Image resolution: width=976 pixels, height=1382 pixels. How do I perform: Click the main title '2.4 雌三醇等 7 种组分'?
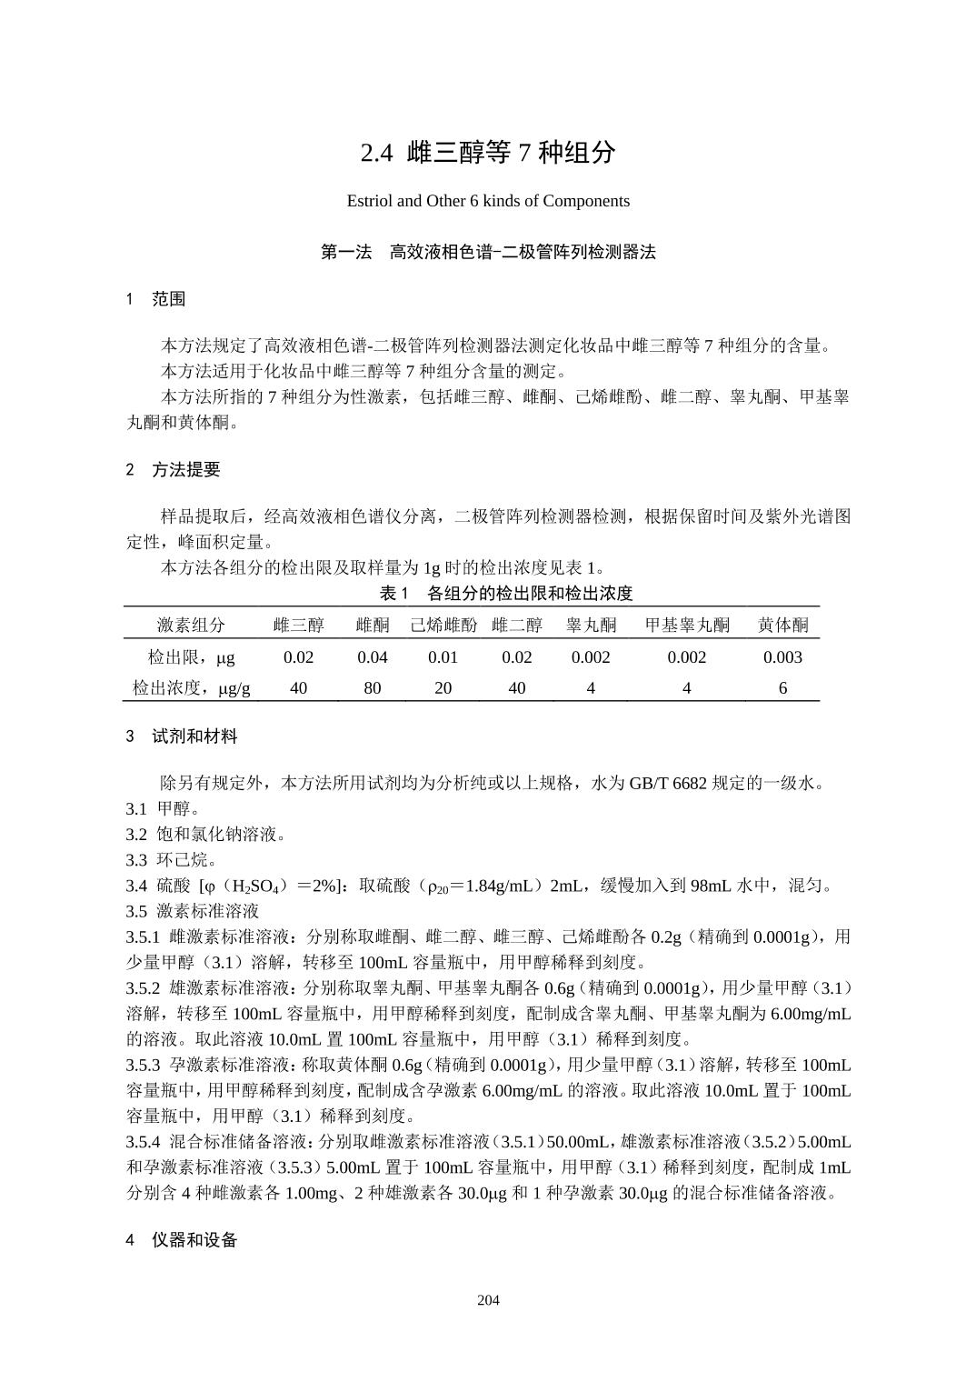click(x=488, y=153)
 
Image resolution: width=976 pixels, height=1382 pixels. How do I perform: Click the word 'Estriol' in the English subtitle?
click(x=369, y=201)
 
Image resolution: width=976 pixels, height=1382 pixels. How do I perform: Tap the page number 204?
click(x=488, y=1300)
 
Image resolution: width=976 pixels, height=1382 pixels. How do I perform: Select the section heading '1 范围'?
click(x=156, y=299)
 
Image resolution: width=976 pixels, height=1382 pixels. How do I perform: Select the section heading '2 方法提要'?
click(x=174, y=470)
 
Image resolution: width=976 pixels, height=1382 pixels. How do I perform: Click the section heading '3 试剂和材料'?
click(x=182, y=736)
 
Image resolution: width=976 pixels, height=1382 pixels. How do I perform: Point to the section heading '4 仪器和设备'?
click(x=182, y=1240)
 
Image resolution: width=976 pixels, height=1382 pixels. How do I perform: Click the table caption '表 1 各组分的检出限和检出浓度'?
click(x=505, y=594)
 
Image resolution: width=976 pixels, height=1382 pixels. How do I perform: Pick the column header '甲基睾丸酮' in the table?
click(x=687, y=626)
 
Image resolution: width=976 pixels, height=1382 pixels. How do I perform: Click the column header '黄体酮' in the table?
click(x=782, y=626)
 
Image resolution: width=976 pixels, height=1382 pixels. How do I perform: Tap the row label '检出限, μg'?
click(x=191, y=657)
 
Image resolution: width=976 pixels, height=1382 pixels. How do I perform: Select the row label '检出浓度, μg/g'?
click(x=191, y=688)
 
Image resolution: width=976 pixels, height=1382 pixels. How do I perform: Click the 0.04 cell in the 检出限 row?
click(x=372, y=657)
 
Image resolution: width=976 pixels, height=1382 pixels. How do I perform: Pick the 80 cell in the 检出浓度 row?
click(x=372, y=688)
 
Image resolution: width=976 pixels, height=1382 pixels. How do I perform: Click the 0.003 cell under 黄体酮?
click(x=782, y=657)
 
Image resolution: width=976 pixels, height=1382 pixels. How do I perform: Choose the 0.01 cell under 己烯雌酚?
click(x=443, y=657)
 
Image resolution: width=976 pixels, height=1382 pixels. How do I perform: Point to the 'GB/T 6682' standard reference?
click(x=667, y=784)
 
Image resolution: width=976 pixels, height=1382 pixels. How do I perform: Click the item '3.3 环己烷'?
click(x=171, y=860)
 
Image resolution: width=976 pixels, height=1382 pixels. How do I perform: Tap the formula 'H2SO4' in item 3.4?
click(x=261, y=886)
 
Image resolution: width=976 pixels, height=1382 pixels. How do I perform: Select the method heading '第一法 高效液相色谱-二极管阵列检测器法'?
click(x=488, y=253)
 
